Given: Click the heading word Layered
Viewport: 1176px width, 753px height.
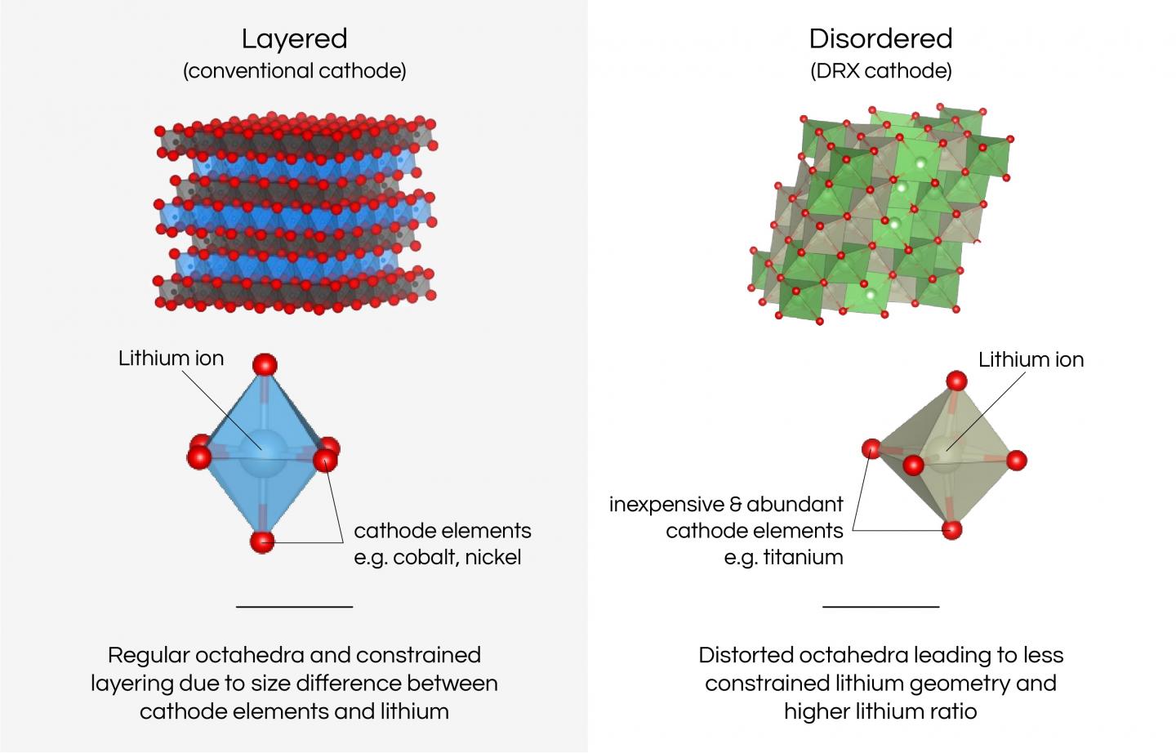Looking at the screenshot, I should [x=294, y=39].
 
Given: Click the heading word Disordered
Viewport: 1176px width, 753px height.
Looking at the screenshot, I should [x=880, y=39].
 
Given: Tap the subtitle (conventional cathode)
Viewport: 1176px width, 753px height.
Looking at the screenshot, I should [x=294, y=71].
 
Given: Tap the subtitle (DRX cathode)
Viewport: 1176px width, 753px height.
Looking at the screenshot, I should [x=880, y=71].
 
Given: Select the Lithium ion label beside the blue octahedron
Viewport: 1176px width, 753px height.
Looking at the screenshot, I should [x=171, y=359].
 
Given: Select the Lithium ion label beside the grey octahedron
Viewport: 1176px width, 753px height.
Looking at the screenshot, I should [x=1031, y=359].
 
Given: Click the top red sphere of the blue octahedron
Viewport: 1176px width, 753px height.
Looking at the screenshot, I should [x=264, y=364].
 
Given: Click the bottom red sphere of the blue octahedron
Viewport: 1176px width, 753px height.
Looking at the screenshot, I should [x=262, y=541].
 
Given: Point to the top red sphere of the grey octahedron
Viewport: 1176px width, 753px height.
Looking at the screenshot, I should [x=956, y=381].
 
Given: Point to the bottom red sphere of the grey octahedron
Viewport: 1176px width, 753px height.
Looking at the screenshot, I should [x=951, y=530].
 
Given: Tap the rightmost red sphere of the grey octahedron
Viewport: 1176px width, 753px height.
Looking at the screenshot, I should [x=1016, y=461].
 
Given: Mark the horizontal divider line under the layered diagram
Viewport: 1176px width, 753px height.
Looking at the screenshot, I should [x=294, y=607].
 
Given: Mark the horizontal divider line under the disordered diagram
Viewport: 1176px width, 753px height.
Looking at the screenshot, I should [x=880, y=607].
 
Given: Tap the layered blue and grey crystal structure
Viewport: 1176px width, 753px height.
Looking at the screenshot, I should [x=294, y=216].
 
